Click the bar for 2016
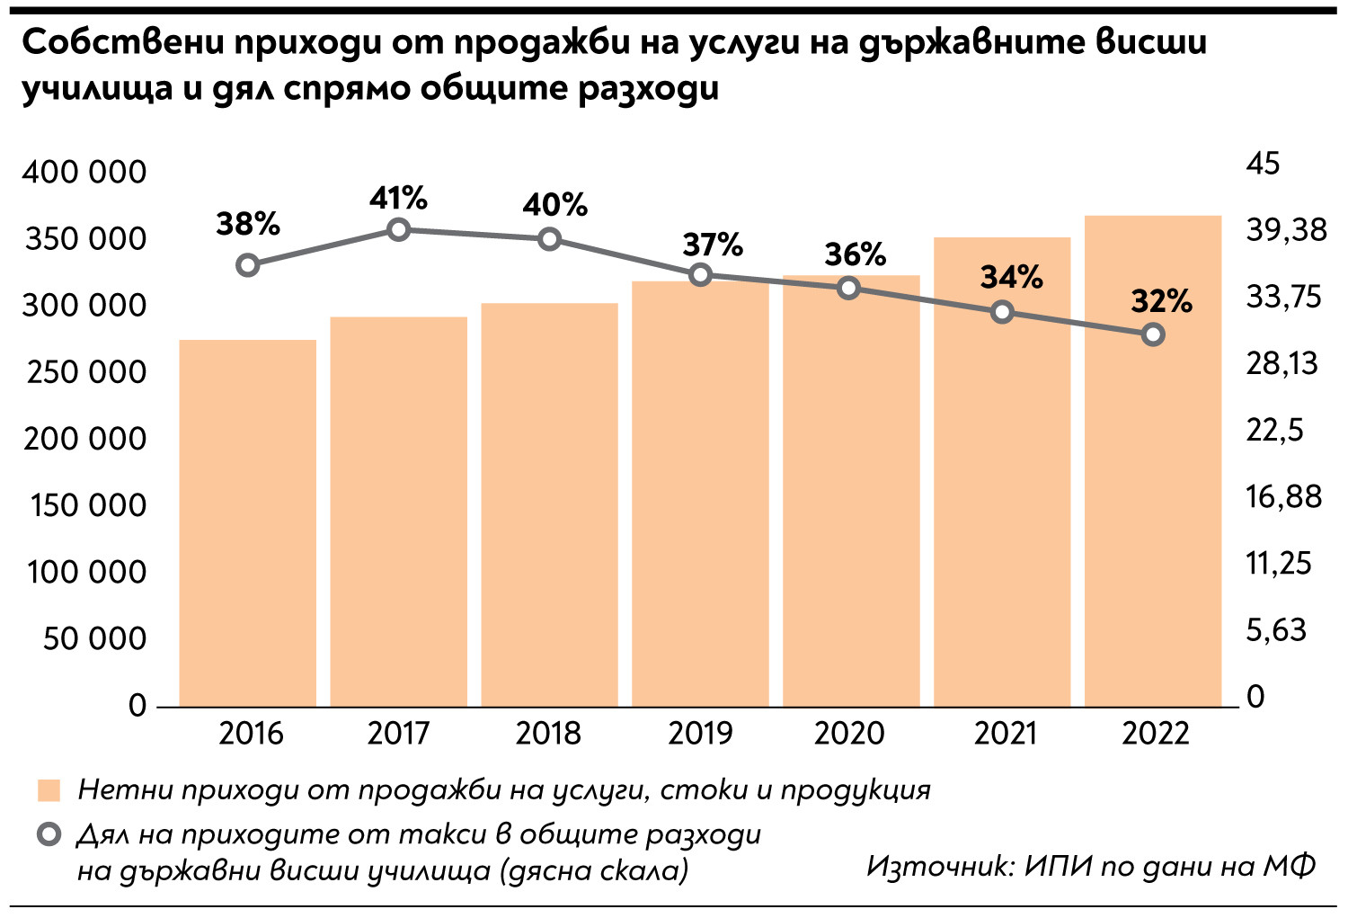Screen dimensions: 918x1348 tap(248, 521)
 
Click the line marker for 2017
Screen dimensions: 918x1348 tap(399, 230)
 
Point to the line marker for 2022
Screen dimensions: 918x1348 tap(1154, 334)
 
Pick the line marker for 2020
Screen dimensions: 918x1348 tap(849, 289)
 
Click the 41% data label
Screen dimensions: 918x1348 tap(398, 198)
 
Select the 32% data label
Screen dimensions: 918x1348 tap(1161, 301)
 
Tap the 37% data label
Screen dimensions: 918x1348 tap(713, 244)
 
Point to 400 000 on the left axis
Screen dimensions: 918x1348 tap(84, 172)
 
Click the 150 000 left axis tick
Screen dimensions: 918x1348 tap(87, 505)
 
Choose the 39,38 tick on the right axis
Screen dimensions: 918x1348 tap(1286, 230)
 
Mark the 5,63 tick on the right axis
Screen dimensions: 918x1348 tap(1275, 630)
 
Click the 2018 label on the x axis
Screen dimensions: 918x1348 tap(548, 734)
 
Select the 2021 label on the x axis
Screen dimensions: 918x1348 tap(1005, 734)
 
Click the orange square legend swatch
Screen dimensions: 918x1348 tap(49, 790)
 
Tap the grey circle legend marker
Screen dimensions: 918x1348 tap(49, 835)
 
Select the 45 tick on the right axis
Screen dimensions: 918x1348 tap(1262, 164)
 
